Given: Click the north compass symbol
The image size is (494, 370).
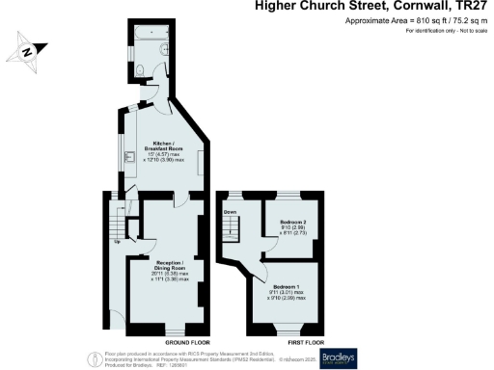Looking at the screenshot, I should click(29, 50).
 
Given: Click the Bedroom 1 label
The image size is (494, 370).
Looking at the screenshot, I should click(289, 288).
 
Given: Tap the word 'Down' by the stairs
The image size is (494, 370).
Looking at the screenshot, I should click(230, 211).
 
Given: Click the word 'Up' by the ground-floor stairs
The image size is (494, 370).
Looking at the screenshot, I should click(118, 241).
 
